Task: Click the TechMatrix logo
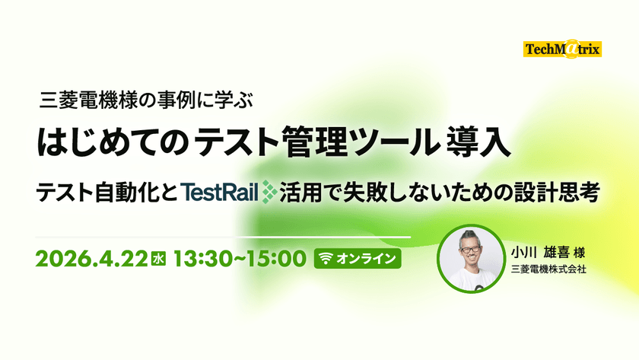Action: (562, 49)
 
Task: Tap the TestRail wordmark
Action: (220, 193)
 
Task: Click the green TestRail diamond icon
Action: (269, 192)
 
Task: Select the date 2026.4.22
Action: (91, 259)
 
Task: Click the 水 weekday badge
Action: (158, 259)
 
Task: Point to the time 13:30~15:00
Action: (240, 259)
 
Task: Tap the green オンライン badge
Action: (358, 259)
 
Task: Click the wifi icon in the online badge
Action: (326, 259)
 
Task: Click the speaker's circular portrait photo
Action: (471, 259)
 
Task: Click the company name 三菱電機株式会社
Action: (548, 269)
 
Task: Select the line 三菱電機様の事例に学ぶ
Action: (146, 100)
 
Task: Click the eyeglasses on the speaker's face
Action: (470, 248)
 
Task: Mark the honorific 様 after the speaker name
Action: (579, 253)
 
